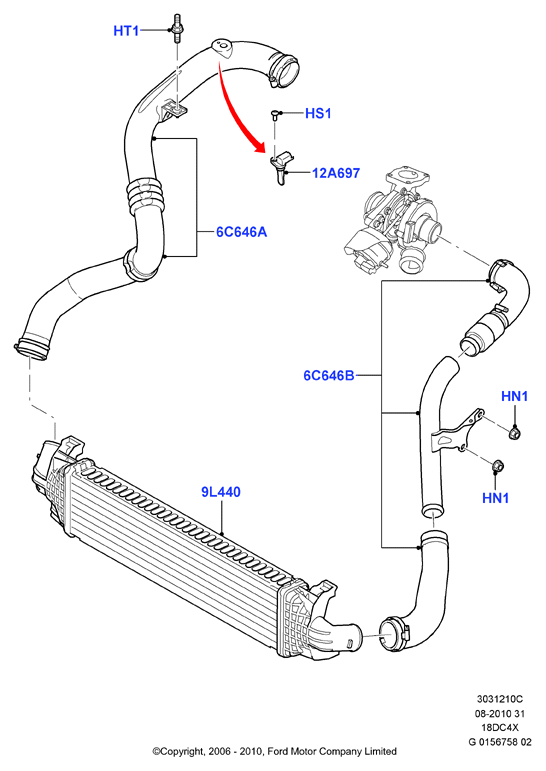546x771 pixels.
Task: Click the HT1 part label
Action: pyautogui.click(x=126, y=31)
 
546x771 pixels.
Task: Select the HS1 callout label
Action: pyautogui.click(x=318, y=114)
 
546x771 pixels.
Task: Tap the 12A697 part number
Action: pyautogui.click(x=336, y=173)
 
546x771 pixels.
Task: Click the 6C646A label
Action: pyautogui.click(x=242, y=232)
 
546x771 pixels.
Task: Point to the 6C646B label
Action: pyautogui.click(x=329, y=376)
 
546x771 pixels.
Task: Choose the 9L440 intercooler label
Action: pyautogui.click(x=221, y=492)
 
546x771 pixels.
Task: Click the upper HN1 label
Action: pyautogui.click(x=515, y=396)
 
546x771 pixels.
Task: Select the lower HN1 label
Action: pyautogui.click(x=495, y=498)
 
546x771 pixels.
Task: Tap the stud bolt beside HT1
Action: pyautogui.click(x=177, y=29)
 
